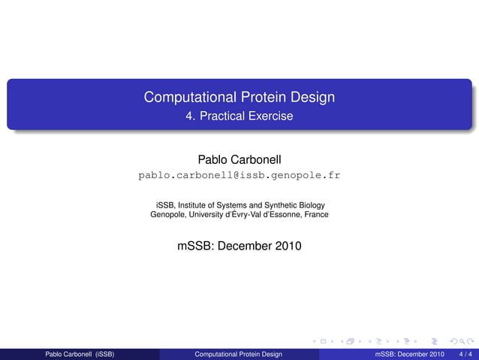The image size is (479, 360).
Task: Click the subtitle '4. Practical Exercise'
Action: pyautogui.click(x=239, y=116)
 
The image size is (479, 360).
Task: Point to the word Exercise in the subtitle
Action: pyautogui.click(x=272, y=116)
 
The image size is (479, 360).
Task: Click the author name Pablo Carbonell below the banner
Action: pyautogui.click(x=239, y=159)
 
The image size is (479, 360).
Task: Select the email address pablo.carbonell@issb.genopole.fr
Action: pyautogui.click(x=239, y=176)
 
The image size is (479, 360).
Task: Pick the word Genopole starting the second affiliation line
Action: pyautogui.click(x=169, y=214)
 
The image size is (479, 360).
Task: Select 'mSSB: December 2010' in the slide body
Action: pyautogui.click(x=239, y=245)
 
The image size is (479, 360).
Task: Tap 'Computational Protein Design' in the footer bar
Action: pyautogui.click(x=238, y=353)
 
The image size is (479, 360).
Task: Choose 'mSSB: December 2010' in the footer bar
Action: pyautogui.click(x=409, y=353)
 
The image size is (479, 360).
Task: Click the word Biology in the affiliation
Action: pyautogui.click(x=312, y=204)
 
